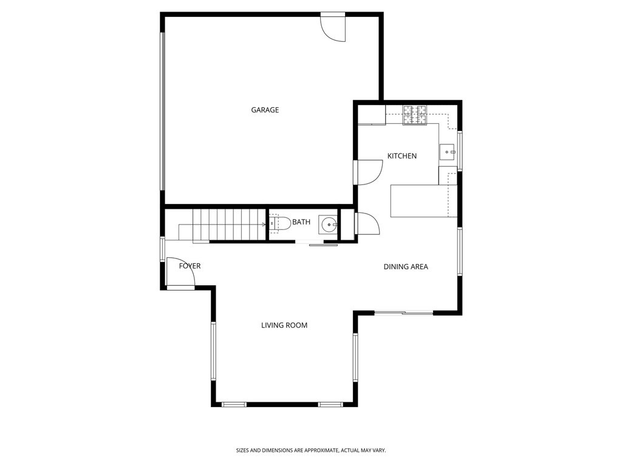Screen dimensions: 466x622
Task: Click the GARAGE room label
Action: click(265, 110)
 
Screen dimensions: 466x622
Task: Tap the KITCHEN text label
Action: click(402, 156)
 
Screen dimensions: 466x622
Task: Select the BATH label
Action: click(301, 222)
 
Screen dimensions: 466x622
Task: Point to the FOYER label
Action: click(190, 266)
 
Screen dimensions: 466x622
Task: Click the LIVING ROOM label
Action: click(284, 325)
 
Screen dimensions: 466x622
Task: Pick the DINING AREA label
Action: click(406, 266)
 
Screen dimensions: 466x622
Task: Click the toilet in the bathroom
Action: click(278, 224)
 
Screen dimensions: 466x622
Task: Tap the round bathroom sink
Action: click(329, 225)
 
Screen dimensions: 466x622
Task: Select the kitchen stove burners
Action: click(415, 115)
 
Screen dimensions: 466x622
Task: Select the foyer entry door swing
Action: click(180, 272)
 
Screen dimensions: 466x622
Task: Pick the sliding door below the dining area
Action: click(403, 313)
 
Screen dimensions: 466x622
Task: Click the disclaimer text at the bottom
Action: click(311, 450)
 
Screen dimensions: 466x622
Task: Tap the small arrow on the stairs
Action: click(264, 224)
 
